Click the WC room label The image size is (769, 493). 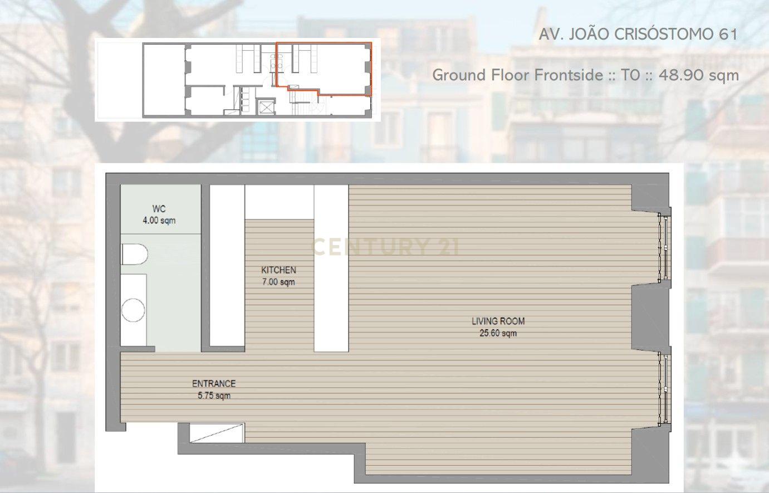pyautogui.click(x=159, y=208)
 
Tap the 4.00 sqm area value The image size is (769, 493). pyautogui.click(x=159, y=220)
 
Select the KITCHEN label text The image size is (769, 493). pyautogui.click(x=278, y=270)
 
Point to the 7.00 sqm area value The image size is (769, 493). pyautogui.click(x=278, y=282)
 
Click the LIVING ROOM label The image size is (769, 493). pyautogui.click(x=498, y=321)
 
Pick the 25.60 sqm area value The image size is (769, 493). pyautogui.click(x=498, y=333)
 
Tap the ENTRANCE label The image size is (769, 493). pyautogui.click(x=214, y=383)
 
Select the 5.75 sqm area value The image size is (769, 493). pyautogui.click(x=214, y=396)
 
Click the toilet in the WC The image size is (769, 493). pyautogui.click(x=135, y=254)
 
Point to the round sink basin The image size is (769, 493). pyautogui.click(x=133, y=310)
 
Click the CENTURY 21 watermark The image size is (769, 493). pyautogui.click(x=384, y=247)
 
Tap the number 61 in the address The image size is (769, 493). pyautogui.click(x=727, y=34)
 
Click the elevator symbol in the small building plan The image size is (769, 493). pyautogui.click(x=266, y=107)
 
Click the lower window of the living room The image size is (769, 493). pyautogui.click(x=664, y=389)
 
